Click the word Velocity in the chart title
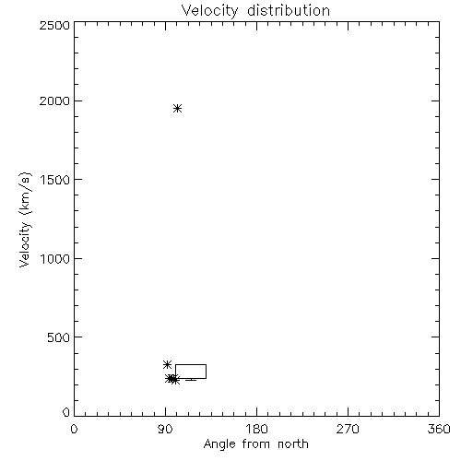pos(209,11)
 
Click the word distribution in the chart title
pos(289,10)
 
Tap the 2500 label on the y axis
pos(54,25)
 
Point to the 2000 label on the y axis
pos(54,100)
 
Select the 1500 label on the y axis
pos(55,180)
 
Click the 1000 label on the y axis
pos(55,259)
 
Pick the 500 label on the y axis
pos(58,337)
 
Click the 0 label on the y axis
pos(66,412)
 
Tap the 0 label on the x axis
pos(74,429)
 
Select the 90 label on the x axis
pos(165,429)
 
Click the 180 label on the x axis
pos(256,429)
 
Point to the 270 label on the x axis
pos(348,429)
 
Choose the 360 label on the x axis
pos(439,429)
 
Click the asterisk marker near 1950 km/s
pos(177,108)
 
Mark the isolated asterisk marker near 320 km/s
pos(167,365)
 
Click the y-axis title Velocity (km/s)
pos(25,219)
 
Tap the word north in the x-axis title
pos(293,443)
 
